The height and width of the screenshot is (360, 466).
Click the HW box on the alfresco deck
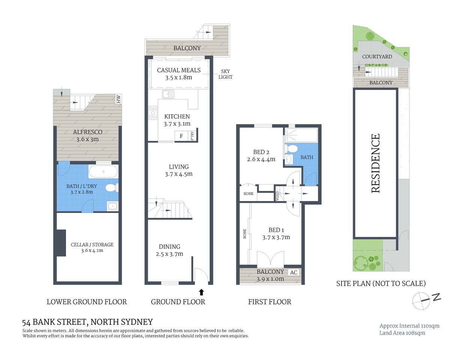coord(119,99)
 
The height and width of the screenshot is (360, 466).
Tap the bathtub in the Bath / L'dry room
coord(103,172)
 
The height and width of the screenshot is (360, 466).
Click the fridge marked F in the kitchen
coord(181,136)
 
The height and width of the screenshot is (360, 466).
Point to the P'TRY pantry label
coord(192,135)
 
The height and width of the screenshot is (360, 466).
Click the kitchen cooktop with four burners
coord(153,113)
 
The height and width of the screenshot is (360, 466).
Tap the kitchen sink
coord(168,94)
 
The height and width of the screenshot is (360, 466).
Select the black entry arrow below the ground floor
coord(201,292)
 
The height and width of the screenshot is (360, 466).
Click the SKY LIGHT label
coord(225,74)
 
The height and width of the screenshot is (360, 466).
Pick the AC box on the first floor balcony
coord(294,273)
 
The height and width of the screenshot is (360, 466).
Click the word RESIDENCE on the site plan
coord(376,163)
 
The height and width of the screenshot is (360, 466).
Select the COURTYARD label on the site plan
coord(377,57)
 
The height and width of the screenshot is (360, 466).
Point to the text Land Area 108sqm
coord(402,333)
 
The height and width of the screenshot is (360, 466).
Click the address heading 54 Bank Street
coord(87,322)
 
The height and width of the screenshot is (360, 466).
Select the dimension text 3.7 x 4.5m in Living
coord(179,174)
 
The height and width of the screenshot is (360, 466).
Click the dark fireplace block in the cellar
coord(61,243)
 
